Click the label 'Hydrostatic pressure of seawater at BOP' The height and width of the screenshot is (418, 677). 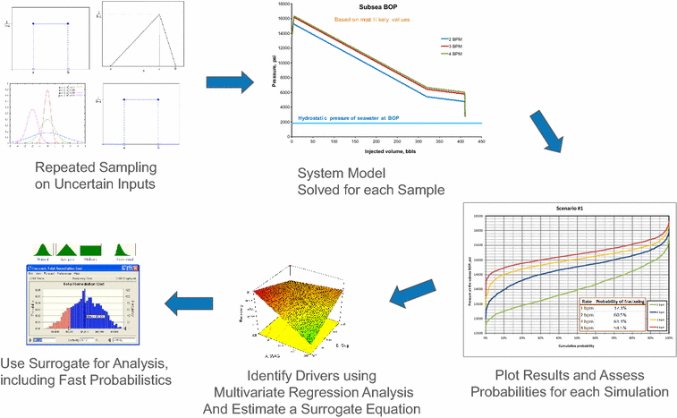(356, 118)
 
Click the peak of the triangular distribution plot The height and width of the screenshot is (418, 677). (160, 13)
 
